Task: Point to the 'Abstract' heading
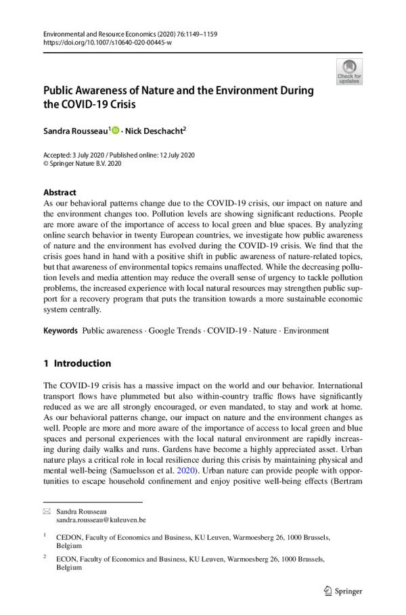click(x=60, y=192)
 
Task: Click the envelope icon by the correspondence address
click(x=46, y=511)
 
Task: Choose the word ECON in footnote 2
click(x=67, y=560)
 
